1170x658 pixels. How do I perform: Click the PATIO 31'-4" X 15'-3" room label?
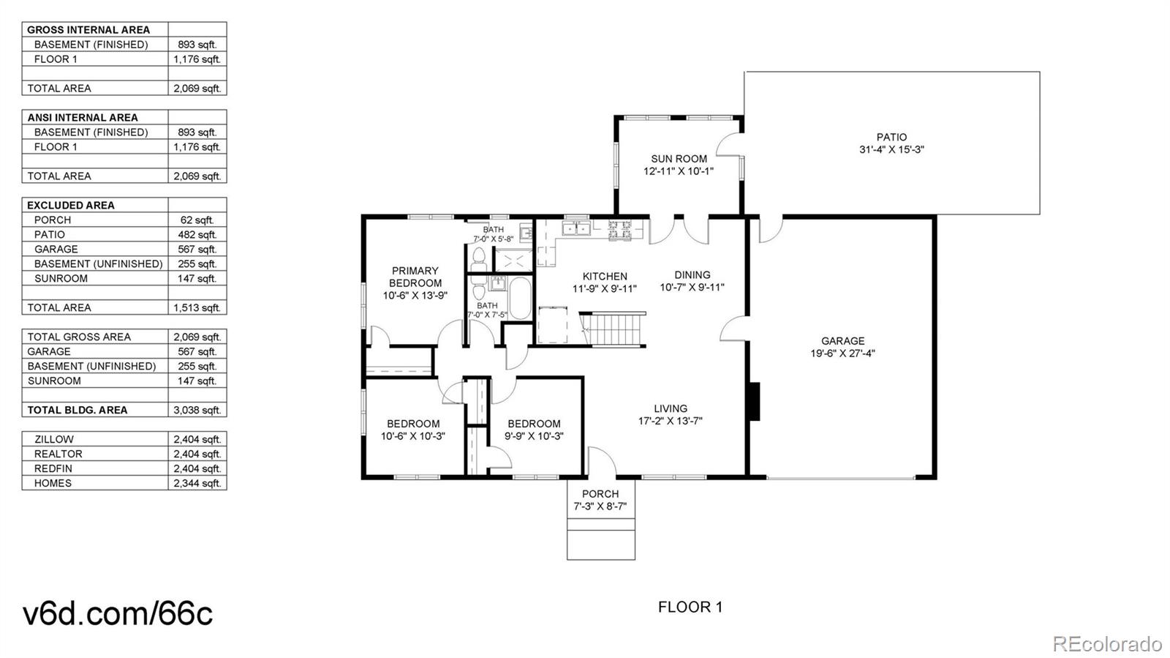891,143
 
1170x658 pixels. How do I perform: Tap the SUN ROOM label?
679,159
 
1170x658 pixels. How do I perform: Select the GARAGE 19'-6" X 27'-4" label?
842,347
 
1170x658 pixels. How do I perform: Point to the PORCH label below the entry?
600,494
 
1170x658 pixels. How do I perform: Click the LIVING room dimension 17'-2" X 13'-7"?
670,422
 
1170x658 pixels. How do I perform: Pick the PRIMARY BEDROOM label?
415,277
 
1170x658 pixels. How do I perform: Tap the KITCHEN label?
605,277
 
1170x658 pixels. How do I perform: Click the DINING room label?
692,275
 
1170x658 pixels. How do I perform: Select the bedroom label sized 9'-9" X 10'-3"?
534,430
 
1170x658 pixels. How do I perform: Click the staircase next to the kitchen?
613,329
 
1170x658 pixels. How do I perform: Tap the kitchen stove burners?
619,230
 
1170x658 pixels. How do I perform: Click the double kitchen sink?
575,228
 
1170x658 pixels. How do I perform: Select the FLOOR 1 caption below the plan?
690,607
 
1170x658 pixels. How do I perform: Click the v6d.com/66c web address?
118,614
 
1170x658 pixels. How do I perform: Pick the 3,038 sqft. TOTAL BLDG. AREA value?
197,411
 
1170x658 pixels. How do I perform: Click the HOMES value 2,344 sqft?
197,484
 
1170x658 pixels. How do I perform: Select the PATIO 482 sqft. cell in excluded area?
197,235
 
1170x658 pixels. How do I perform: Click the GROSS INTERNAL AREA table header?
88,30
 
